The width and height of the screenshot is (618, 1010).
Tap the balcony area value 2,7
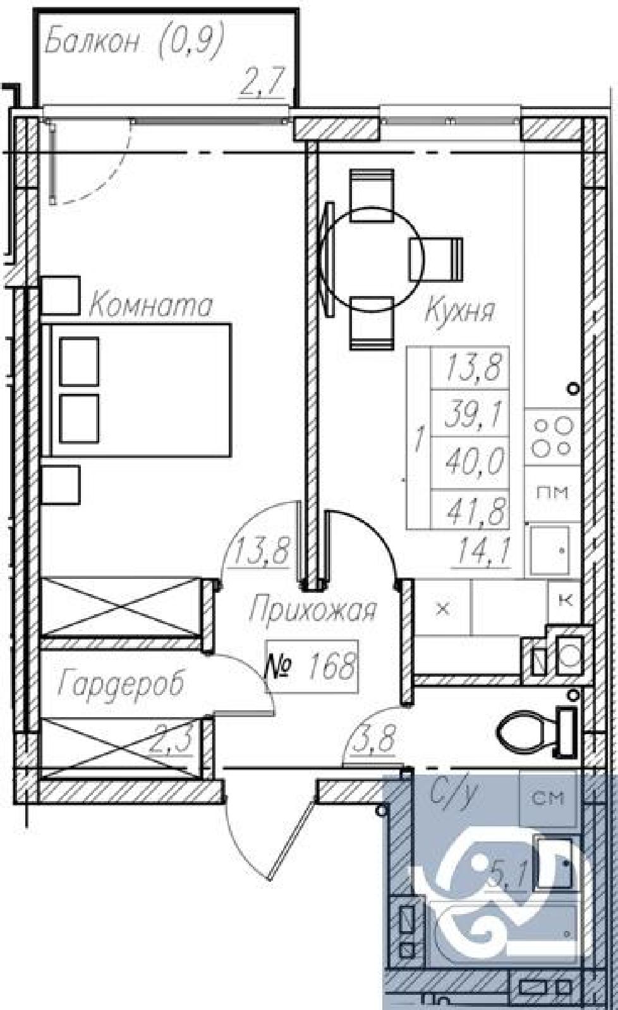[262, 82]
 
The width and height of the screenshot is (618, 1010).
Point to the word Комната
[150, 306]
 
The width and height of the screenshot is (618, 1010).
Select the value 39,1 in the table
[473, 414]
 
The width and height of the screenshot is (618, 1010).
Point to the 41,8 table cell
[475, 509]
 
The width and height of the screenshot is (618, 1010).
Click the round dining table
[370, 259]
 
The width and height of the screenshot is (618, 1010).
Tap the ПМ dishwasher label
[552, 492]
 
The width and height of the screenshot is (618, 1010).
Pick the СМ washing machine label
[548, 799]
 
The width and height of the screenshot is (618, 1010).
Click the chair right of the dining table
[435, 259]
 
